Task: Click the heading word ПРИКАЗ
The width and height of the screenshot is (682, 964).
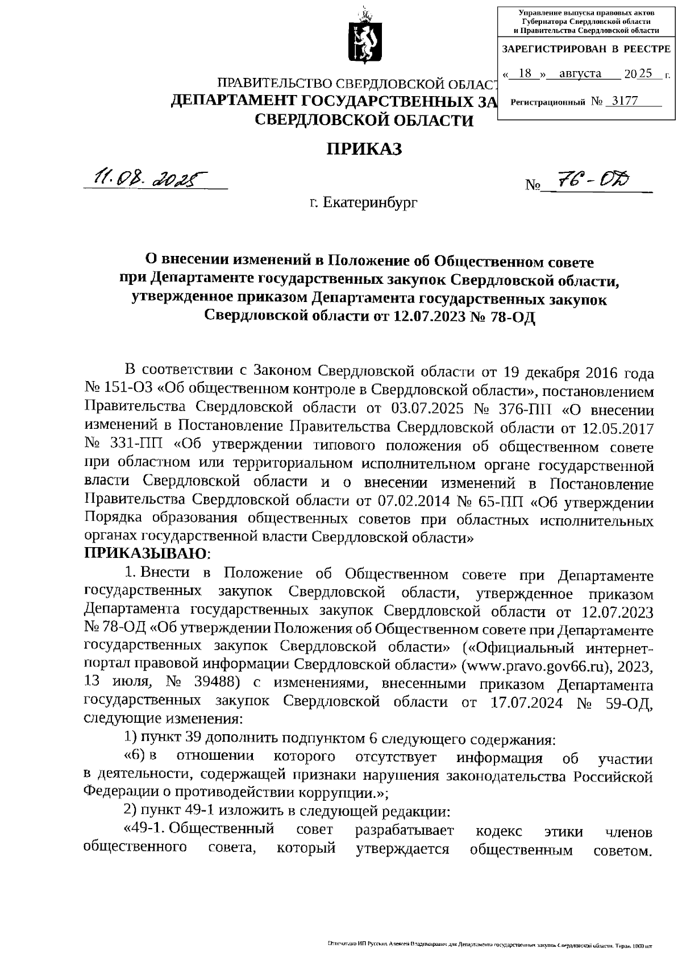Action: [364, 149]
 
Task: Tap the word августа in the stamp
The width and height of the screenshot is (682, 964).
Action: [580, 73]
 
